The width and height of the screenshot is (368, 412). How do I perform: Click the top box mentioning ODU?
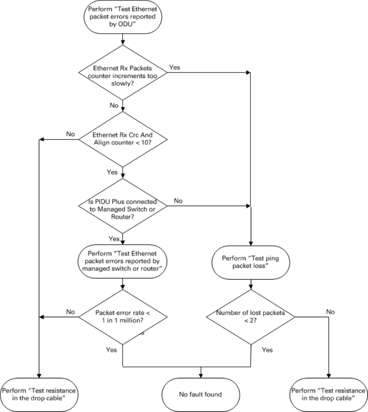pos(123,16)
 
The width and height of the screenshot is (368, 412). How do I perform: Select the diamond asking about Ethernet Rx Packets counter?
pos(123,72)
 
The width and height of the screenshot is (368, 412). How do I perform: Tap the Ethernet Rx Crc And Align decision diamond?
pos(123,139)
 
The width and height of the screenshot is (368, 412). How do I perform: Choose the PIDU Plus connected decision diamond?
pos(123,206)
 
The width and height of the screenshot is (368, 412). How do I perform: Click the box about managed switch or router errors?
pos(123,261)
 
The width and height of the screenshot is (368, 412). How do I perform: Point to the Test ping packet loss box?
pos(251,262)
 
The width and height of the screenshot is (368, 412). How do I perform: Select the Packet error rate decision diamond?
pos(123,317)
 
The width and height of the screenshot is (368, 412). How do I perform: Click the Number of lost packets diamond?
pos(251,317)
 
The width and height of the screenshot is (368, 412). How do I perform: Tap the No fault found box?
pos(201,395)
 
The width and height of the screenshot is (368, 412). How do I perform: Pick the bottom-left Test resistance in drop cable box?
pos(39,395)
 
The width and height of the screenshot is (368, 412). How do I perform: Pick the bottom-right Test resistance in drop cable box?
pos(328,395)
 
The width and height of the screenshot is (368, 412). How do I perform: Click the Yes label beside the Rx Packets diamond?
pos(174,67)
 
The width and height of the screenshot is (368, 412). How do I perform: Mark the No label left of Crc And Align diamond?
pos(71,134)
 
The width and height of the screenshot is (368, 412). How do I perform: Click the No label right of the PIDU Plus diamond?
pos(178,201)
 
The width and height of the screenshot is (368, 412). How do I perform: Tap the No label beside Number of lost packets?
pos(330,312)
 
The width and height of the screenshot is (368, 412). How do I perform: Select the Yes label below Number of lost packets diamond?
pos(267,350)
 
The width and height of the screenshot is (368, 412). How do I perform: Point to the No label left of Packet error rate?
pos(71,312)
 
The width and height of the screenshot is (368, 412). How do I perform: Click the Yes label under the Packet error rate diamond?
pos(111,350)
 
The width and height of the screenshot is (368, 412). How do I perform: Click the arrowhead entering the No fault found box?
pos(201,376)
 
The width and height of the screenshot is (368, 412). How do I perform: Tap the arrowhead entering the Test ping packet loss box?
pos(251,244)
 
